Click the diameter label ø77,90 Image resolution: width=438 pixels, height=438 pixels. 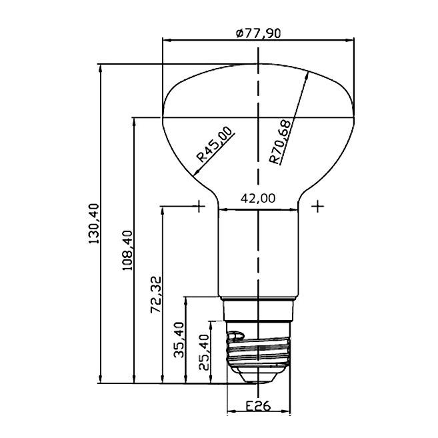258,33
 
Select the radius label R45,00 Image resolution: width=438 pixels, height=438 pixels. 215,145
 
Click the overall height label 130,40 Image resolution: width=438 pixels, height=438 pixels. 93,224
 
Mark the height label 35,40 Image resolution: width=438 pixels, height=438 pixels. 179,340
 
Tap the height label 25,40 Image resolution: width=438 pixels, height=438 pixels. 204,351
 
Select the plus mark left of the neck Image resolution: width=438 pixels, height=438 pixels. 200,206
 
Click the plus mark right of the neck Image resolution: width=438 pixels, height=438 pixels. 318,206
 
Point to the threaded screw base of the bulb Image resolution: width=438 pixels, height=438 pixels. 258,350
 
